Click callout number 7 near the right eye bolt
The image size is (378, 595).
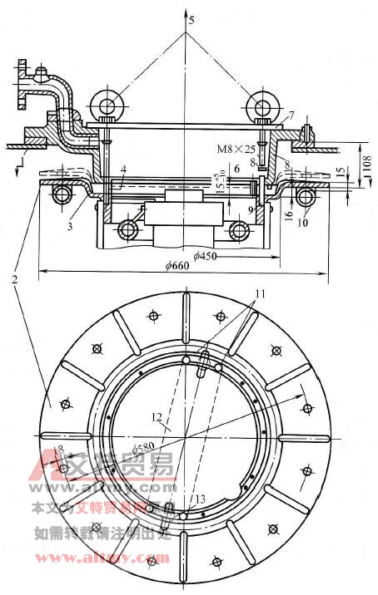pyautogui.click(x=291, y=113)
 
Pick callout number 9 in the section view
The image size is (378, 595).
pyautogui.click(x=250, y=210)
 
